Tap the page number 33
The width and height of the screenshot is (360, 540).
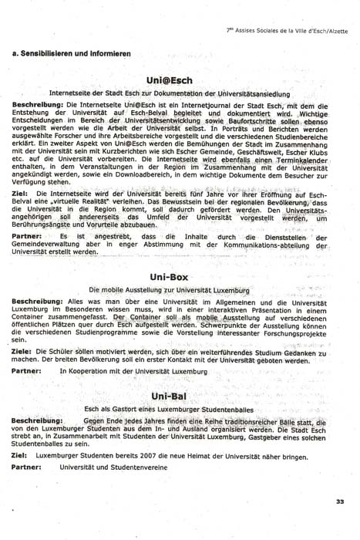(x=340, y=502)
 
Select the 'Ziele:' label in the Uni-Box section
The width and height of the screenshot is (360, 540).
(x=24, y=351)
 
